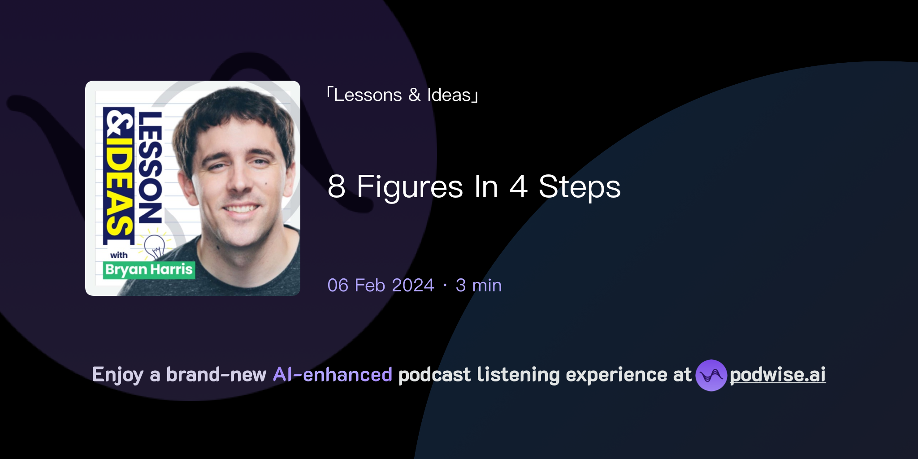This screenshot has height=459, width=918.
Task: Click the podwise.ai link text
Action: pyautogui.click(x=778, y=375)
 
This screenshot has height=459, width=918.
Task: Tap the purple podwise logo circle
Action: pyautogui.click(x=711, y=375)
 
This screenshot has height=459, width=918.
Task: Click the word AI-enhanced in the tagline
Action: pyautogui.click(x=333, y=375)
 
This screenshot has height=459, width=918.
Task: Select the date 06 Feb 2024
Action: pyautogui.click(x=381, y=285)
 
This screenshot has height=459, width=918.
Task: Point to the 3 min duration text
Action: pyautogui.click(x=478, y=285)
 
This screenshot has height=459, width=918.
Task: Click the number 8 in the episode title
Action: pyautogui.click(x=337, y=186)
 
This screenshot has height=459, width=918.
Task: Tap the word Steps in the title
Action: pyautogui.click(x=579, y=186)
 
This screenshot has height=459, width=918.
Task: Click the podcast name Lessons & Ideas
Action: pyautogui.click(x=402, y=95)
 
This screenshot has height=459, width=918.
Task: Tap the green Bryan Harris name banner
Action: pyautogui.click(x=149, y=270)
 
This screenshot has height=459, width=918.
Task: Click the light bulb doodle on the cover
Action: pyautogui.click(x=155, y=246)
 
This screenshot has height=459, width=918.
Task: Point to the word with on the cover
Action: pyautogui.click(x=119, y=255)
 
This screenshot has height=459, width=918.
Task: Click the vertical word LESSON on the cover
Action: pyautogui.click(x=150, y=168)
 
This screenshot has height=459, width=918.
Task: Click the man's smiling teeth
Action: pyautogui.click(x=241, y=208)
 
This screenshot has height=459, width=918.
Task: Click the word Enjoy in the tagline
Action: pyautogui.click(x=117, y=375)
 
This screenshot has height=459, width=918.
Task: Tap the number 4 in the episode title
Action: pyautogui.click(x=518, y=186)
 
